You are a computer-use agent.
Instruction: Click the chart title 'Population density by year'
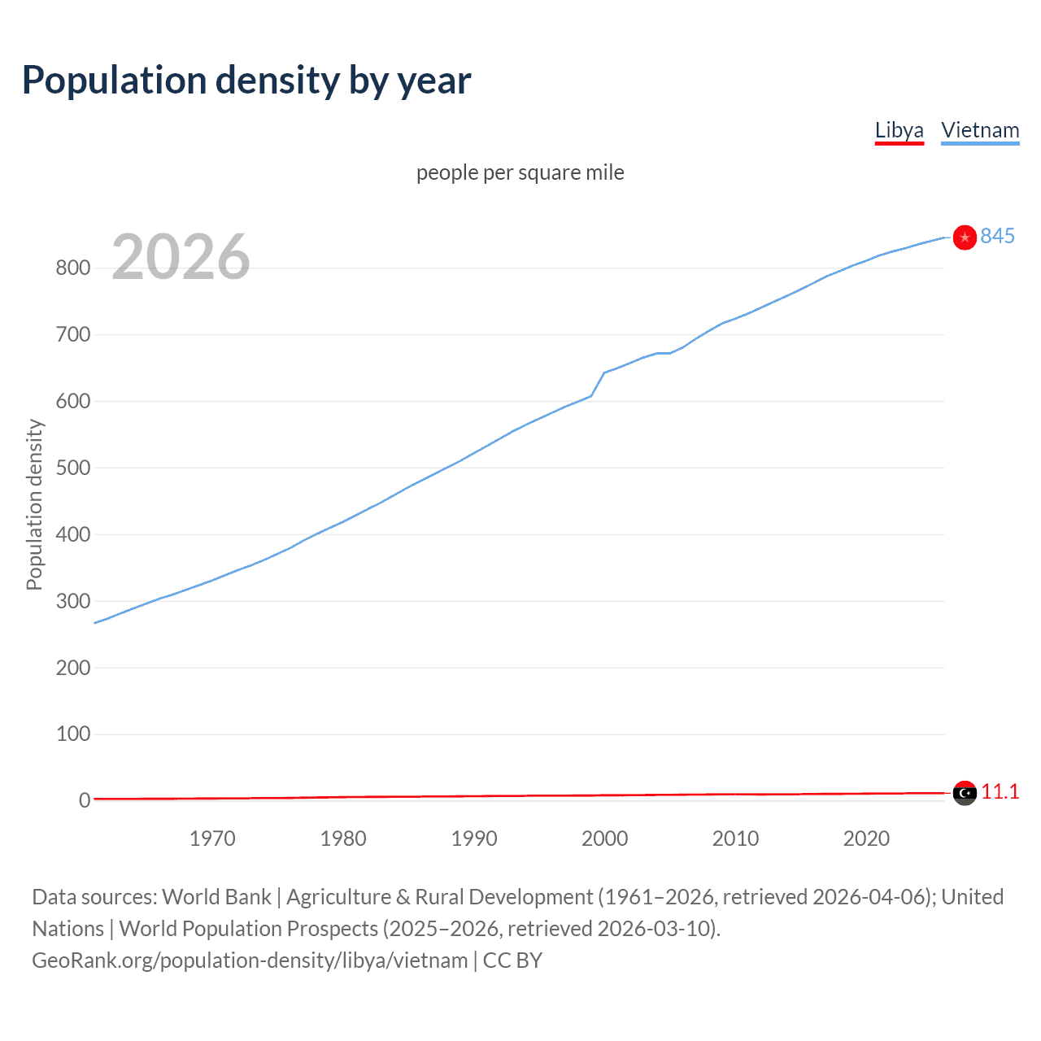pyautogui.click(x=246, y=81)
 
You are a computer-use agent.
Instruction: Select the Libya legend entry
pyautogui.click(x=899, y=130)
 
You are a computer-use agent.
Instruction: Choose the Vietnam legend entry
pyautogui.click(x=980, y=130)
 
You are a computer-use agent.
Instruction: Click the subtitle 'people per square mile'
pyautogui.click(x=520, y=172)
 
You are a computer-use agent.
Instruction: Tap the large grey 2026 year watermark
pyautogui.click(x=181, y=257)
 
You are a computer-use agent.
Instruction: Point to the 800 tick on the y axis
pyautogui.click(x=72, y=268)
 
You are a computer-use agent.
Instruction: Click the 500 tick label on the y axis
pyautogui.click(x=72, y=468)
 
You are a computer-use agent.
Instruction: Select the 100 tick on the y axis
pyautogui.click(x=72, y=734)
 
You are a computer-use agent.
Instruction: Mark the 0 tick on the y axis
pyautogui.click(x=84, y=800)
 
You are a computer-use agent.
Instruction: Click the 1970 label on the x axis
pyautogui.click(x=212, y=838)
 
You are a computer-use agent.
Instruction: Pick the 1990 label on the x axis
pyautogui.click(x=474, y=838)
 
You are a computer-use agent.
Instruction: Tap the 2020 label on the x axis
pyautogui.click(x=866, y=838)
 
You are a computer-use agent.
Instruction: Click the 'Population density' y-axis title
pyautogui.click(x=34, y=504)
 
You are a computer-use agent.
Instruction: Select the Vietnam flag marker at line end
pyautogui.click(x=965, y=237)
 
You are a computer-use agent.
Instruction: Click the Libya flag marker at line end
pyautogui.click(x=965, y=792)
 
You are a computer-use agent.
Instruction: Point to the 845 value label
pyautogui.click(x=997, y=236)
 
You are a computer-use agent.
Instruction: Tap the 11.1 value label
pyautogui.click(x=1000, y=791)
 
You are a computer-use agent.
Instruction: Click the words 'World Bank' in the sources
pyautogui.click(x=216, y=897)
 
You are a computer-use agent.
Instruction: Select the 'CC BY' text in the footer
pyautogui.click(x=512, y=960)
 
